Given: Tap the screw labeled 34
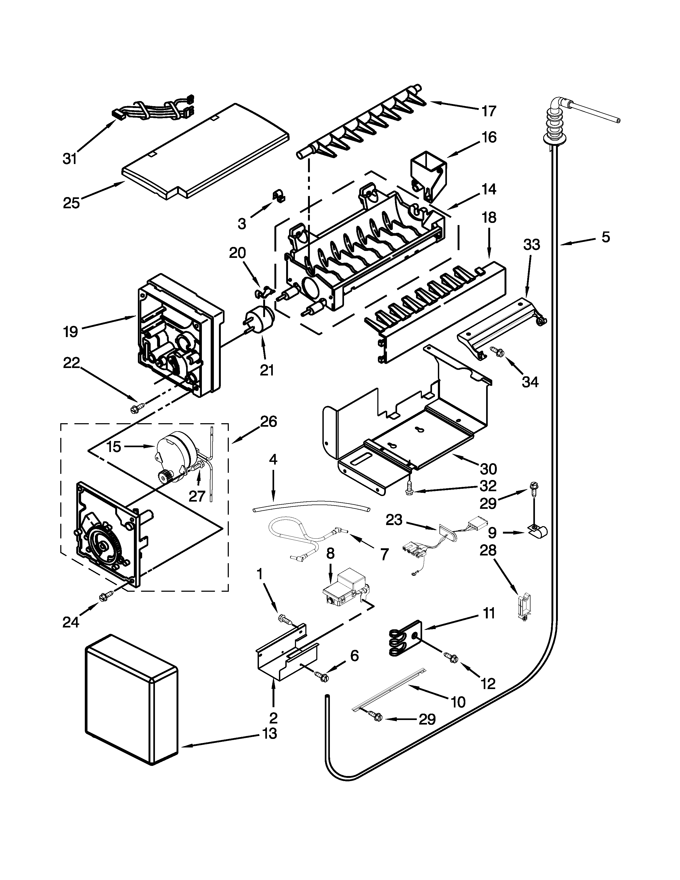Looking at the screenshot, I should pos(498,352).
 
